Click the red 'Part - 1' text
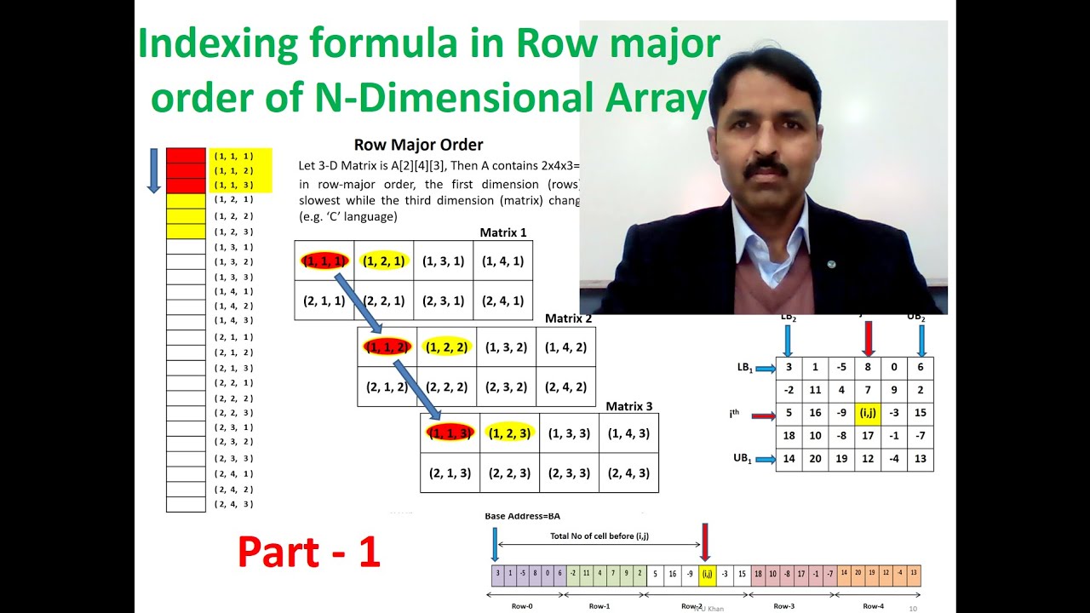(308, 551)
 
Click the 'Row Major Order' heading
(418, 145)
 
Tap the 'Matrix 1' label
(503, 232)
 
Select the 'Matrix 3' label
(629, 406)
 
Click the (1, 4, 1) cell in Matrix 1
(502, 261)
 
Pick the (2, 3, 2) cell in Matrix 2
(506, 387)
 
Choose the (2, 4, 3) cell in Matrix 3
(628, 473)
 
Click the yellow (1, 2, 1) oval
(383, 261)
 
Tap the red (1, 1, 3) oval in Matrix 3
(449, 433)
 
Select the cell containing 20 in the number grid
(815, 459)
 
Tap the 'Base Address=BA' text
(522, 516)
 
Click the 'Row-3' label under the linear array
(783, 606)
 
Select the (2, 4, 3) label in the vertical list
(233, 504)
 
